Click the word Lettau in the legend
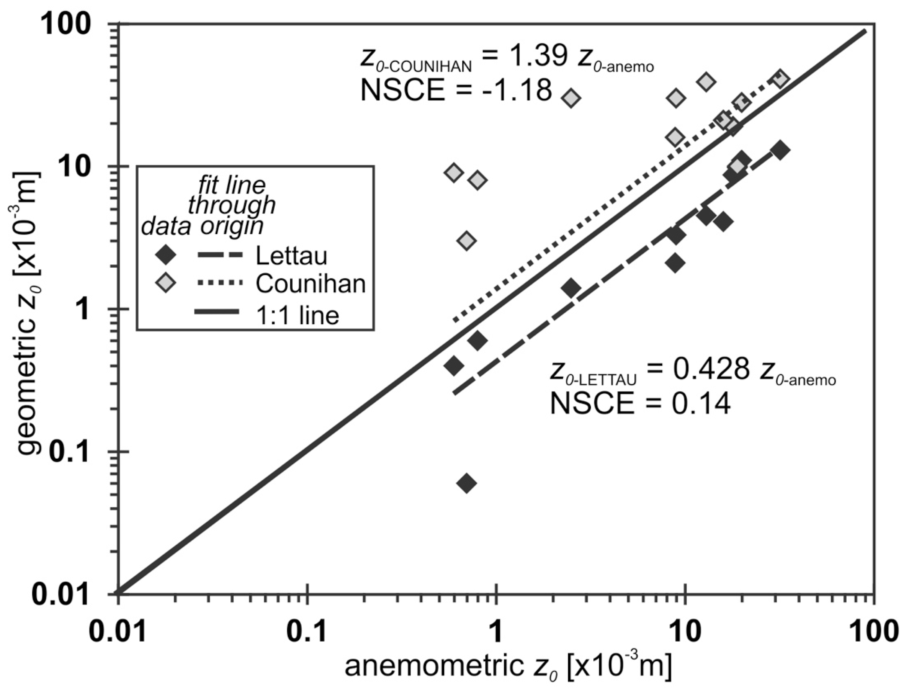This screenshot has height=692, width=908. (x=291, y=256)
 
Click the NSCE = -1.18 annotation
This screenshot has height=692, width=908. (x=456, y=90)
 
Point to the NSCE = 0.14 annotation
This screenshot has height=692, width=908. (x=640, y=404)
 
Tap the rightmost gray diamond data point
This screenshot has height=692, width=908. (x=780, y=78)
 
